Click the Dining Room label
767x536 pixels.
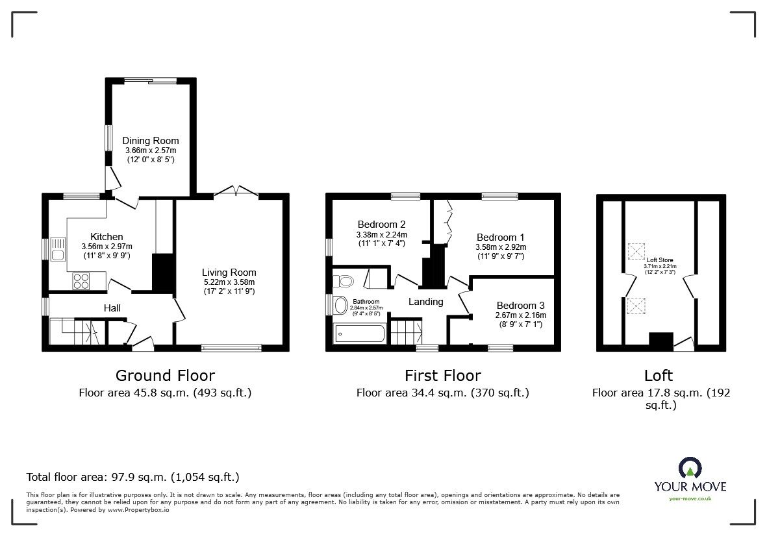151,141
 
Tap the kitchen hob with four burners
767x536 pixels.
82,281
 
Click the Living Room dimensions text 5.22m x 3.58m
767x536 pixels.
229,282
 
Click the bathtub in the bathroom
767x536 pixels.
360,334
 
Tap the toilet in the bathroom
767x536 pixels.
342,280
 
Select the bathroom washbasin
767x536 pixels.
340,304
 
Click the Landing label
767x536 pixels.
425,302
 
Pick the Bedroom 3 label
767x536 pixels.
520,306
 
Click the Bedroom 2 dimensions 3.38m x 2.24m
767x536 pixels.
381,235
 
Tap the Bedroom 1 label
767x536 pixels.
500,238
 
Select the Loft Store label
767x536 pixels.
659,260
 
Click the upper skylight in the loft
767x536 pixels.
635,250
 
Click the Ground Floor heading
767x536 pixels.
165,375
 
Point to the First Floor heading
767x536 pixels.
442,375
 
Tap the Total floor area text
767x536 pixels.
132,478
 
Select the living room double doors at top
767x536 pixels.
236,190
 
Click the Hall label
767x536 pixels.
112,308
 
